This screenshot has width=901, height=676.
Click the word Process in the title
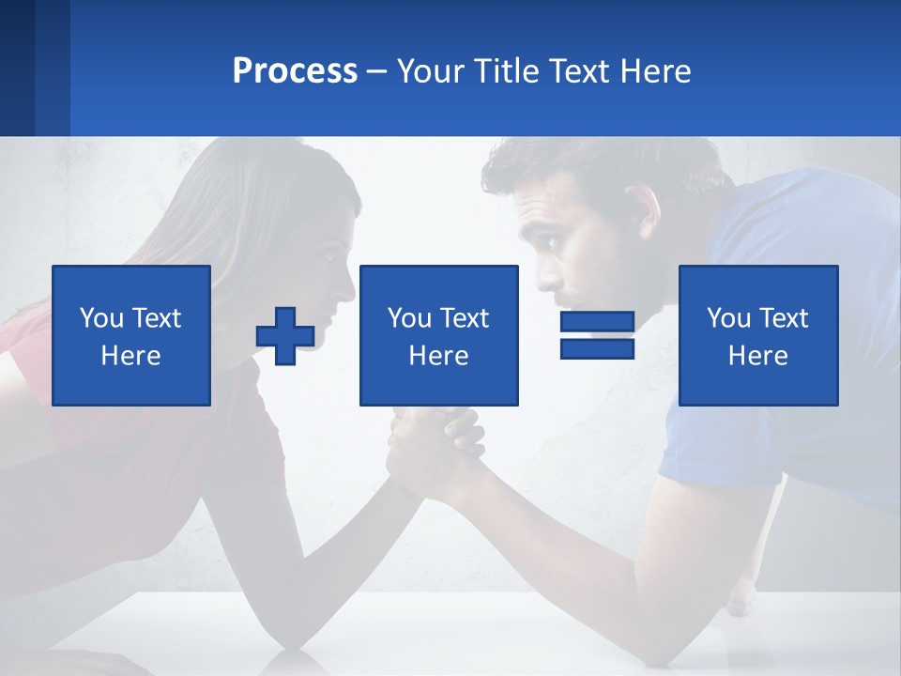coord(295,71)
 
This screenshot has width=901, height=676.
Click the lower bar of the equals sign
coord(597,349)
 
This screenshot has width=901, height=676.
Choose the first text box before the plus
coord(131,335)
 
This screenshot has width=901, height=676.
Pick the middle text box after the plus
coord(438,335)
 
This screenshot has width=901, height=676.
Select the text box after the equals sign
coord(758,335)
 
